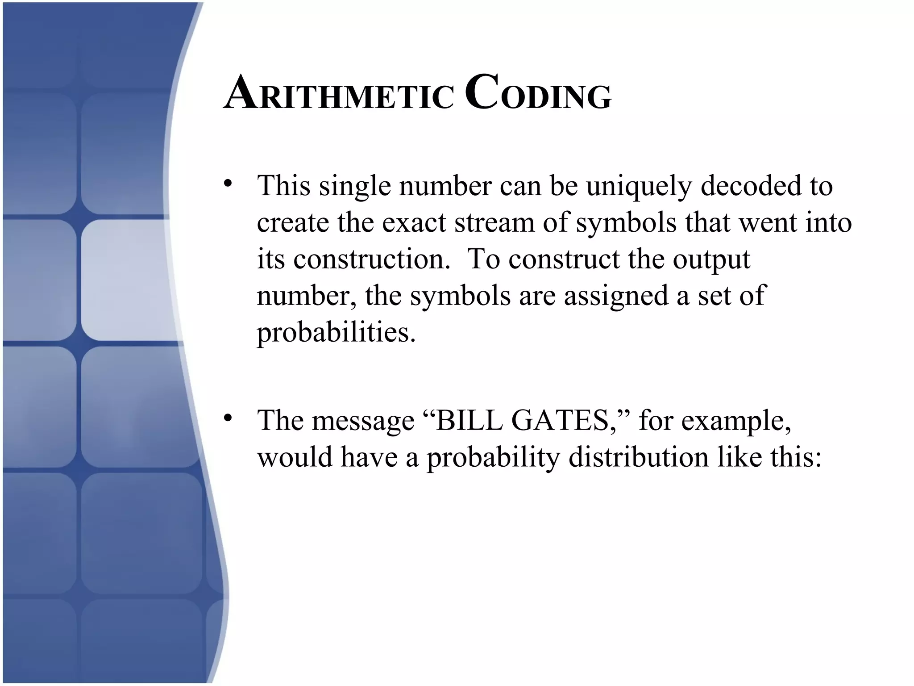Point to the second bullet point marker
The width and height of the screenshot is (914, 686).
coord(228,418)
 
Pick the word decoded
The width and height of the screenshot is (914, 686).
coord(751,186)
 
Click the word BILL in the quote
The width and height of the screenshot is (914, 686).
coord(469,421)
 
